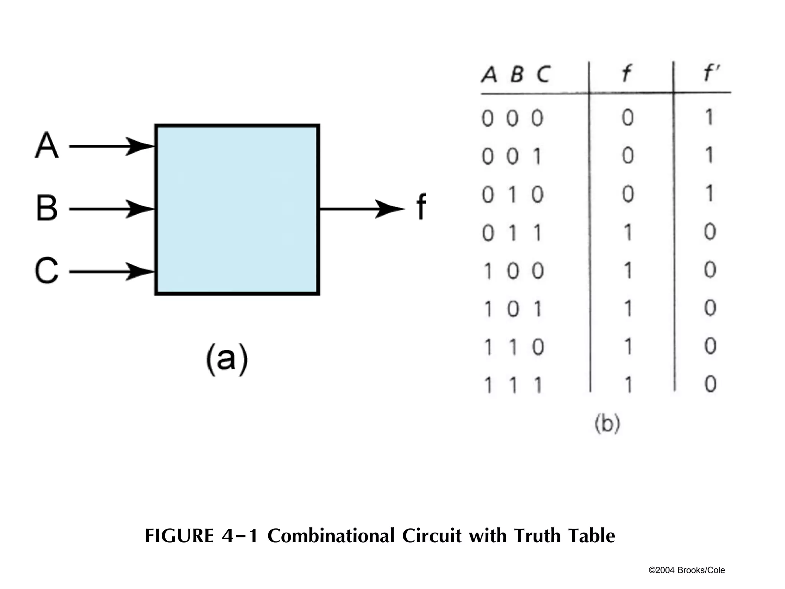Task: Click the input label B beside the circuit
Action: (46, 208)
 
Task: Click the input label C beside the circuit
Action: (46, 271)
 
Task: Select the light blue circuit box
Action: (237, 209)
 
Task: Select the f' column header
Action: (711, 74)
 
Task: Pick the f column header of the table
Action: (626, 74)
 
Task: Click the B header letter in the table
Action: (517, 74)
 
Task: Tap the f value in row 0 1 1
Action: (628, 232)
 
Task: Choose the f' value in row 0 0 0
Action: (709, 117)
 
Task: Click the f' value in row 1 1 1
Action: (710, 384)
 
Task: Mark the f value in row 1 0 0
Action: (628, 271)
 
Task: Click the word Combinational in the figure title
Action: (330, 536)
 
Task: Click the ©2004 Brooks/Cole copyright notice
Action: (686, 570)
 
